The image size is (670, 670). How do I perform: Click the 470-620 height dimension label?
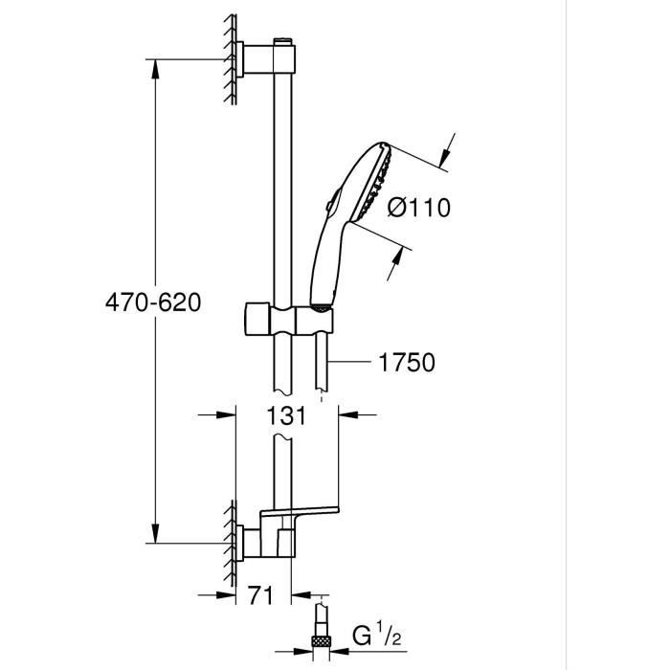tap(154, 303)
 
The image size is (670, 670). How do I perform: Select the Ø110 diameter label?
tap(417, 207)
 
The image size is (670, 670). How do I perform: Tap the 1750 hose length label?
tap(407, 362)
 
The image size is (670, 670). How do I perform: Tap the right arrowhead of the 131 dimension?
tap(347, 414)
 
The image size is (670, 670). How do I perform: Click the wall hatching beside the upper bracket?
tap(230, 59)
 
